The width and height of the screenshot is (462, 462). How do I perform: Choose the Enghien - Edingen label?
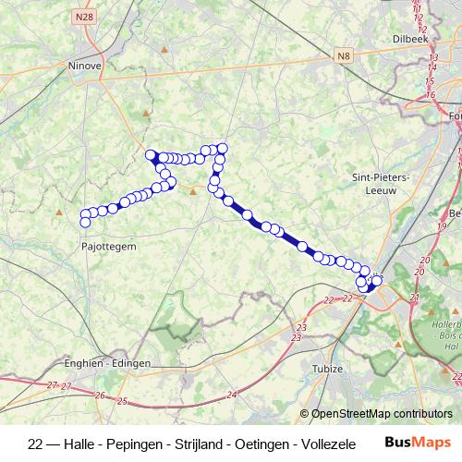107,363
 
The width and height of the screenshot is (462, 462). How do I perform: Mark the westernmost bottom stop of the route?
85,222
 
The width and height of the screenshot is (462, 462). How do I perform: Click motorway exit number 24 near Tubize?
232,395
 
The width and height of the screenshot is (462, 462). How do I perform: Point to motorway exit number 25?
123,400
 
